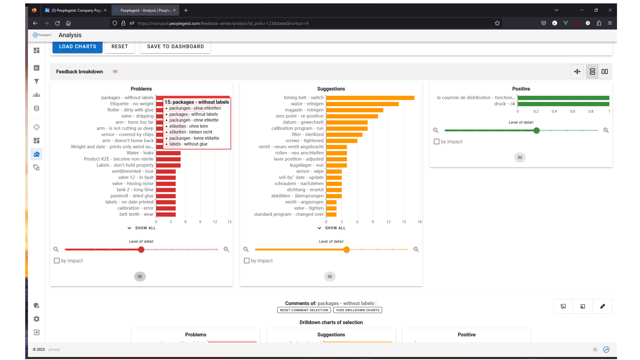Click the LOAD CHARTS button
[77, 47]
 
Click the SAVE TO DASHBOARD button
[175, 47]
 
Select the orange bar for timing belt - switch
[370, 98]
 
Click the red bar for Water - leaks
[168, 153]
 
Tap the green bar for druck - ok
[563, 104]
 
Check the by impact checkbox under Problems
[57, 261]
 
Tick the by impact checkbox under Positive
[437, 142]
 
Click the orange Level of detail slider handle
[347, 250]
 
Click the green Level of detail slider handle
[536, 131]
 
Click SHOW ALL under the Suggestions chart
[332, 228]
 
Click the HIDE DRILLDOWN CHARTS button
[358, 310]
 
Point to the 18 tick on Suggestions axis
[419, 222]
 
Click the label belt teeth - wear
[136, 214]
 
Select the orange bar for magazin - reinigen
[355, 110]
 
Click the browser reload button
[57, 23]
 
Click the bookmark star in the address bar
[497, 23]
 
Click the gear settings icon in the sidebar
[37, 319]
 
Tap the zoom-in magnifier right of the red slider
[226, 249]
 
